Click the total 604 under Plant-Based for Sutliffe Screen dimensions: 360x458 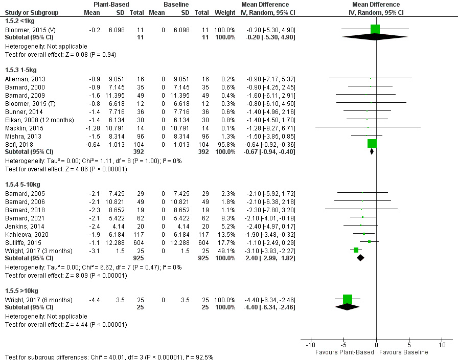(x=138, y=241)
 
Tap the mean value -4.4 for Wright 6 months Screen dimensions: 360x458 (x=95, y=299)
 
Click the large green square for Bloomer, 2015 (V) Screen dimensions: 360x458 (x=375, y=29)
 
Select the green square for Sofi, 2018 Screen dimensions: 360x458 (x=372, y=144)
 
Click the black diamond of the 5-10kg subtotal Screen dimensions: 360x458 (x=360, y=258)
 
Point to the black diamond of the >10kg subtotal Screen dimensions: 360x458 (x=348, y=307)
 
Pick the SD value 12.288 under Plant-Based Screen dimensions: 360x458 (x=116, y=241)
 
